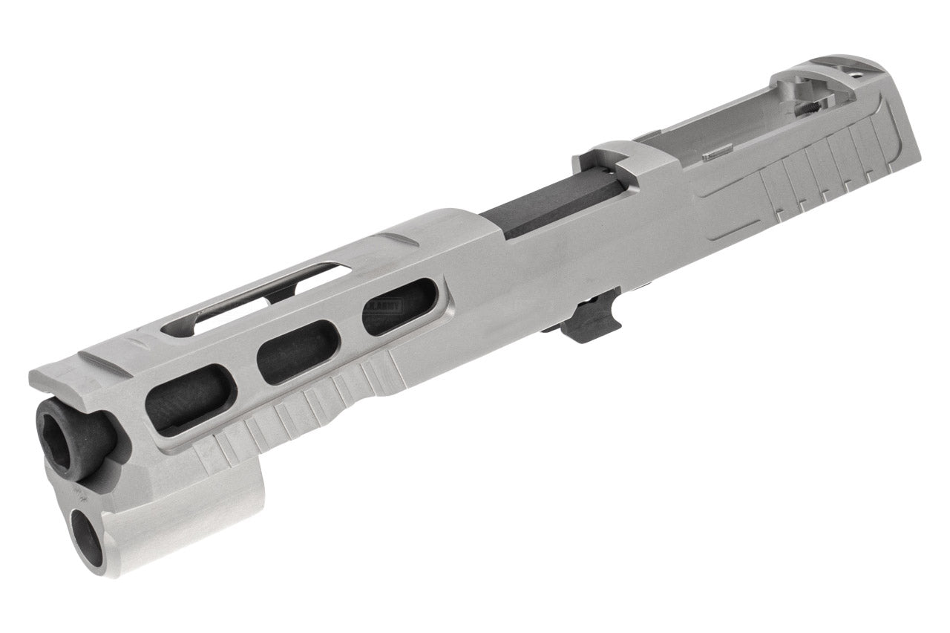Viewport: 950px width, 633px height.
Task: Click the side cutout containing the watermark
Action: [x=396, y=313]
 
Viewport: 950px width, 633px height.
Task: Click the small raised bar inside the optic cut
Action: [x=713, y=155]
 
